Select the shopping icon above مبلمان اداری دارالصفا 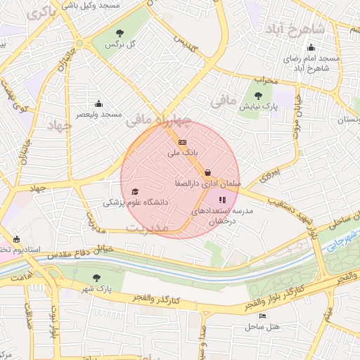207,172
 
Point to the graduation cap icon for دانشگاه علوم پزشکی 135,191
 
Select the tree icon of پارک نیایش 258,96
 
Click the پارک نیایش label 259,107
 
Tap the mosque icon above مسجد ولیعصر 98,103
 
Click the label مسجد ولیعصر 99,114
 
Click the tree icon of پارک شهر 97,278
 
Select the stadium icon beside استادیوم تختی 16,239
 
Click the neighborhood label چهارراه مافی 159,120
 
